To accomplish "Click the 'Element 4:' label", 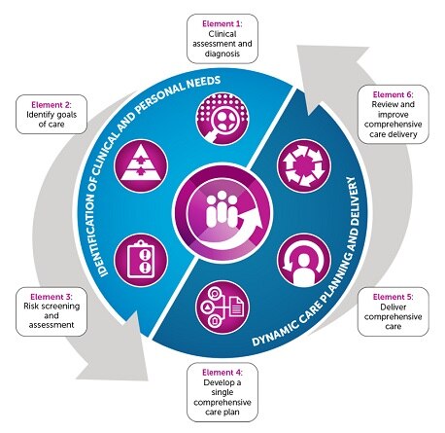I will (222, 371).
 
